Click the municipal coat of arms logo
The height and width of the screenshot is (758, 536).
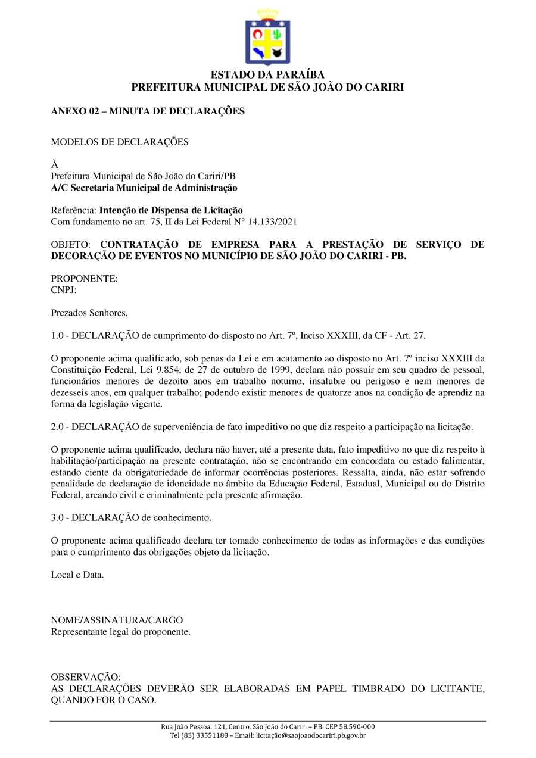tap(267, 37)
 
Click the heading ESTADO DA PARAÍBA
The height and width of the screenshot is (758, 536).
tap(267, 75)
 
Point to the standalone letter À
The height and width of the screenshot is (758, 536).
tap(55, 165)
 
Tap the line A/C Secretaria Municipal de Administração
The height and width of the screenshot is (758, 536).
tap(144, 188)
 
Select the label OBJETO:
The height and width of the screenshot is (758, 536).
tap(70, 245)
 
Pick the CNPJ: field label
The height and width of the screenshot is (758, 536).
tap(64, 290)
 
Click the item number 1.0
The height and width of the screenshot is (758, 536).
tap(58, 335)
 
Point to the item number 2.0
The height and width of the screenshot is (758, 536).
tap(58, 426)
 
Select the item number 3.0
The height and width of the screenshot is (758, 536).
tap(58, 518)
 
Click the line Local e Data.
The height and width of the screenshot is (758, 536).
tap(77, 575)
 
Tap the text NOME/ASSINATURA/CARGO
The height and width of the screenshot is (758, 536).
tap(117, 620)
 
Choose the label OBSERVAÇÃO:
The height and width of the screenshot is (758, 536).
tap(85, 677)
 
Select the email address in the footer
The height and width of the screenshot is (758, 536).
tap(310, 735)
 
